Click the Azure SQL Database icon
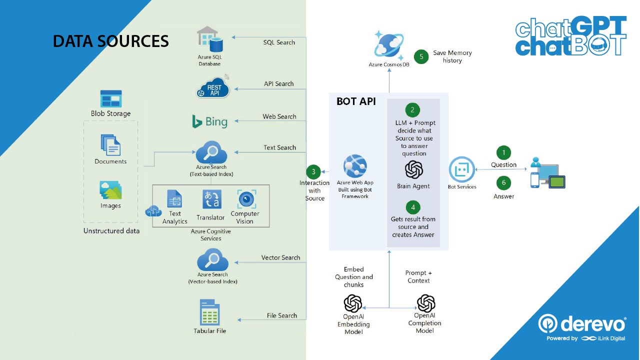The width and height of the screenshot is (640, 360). click(209, 39)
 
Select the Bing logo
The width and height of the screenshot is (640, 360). click(210, 121)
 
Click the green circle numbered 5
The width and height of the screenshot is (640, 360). click(421, 56)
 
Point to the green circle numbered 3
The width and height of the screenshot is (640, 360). click(313, 172)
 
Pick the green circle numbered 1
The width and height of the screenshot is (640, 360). click(503, 152)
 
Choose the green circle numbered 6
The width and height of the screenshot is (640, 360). click(503, 183)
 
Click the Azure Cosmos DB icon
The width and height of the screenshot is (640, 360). click(388, 45)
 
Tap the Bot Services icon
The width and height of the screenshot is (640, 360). click(461, 169)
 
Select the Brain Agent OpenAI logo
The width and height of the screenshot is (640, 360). click(413, 170)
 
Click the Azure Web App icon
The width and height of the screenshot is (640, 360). click(355, 166)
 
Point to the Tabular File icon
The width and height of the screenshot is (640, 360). click(209, 312)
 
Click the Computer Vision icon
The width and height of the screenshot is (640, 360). click(246, 199)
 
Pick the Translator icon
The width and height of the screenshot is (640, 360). click(211, 199)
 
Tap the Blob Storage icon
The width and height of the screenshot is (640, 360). click(111, 99)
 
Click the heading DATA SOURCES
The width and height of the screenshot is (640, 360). click(110, 41)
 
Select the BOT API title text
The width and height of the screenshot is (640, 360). click(356, 101)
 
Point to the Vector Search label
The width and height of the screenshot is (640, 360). click(280, 257)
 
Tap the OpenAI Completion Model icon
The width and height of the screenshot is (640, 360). click(426, 303)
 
